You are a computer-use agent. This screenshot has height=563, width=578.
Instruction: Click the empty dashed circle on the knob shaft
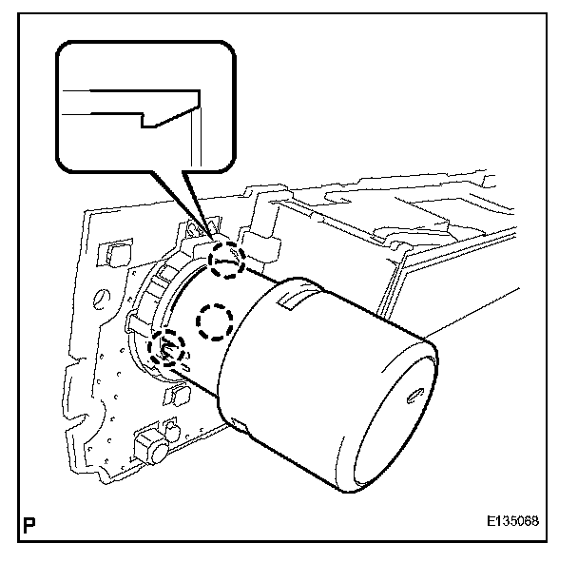214,323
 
